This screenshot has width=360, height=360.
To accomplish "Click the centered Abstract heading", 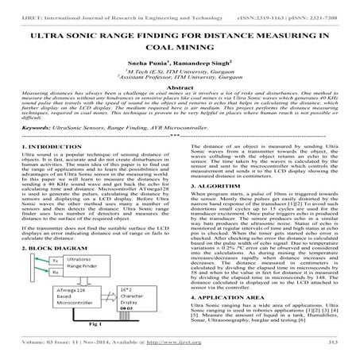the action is coord(180,110).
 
